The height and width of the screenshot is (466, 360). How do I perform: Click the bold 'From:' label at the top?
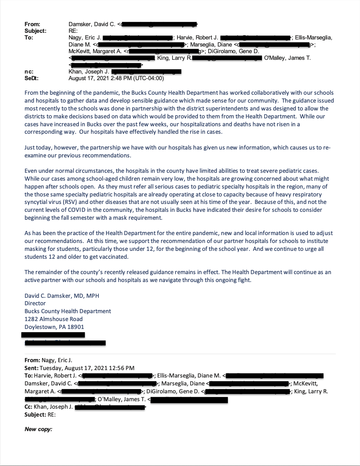[x=32, y=25]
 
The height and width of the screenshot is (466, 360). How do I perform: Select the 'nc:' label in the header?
[x=29, y=72]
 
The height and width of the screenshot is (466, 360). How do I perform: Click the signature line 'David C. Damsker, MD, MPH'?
[x=62, y=296]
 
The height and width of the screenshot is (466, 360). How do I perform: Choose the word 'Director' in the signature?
[x=35, y=304]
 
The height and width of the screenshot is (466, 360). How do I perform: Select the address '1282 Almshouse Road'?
[x=54, y=319]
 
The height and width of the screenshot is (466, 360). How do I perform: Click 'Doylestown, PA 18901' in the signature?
[x=54, y=327]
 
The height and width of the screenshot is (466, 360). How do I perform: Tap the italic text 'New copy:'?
[x=38, y=429]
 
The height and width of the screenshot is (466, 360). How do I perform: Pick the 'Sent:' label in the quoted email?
[x=32, y=368]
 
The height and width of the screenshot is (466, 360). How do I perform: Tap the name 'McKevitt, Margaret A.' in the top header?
[x=95, y=52]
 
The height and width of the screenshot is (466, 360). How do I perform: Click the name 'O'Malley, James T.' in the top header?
[x=287, y=58]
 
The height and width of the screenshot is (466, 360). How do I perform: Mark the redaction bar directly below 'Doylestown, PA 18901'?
[x=53, y=335]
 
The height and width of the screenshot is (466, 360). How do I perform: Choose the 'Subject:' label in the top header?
[x=35, y=31]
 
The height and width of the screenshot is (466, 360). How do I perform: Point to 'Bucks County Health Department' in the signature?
[x=68, y=311]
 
